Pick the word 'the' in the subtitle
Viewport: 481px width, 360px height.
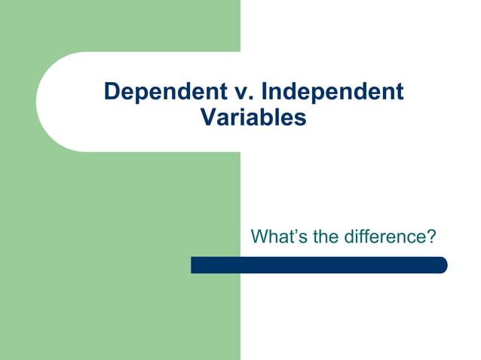click(x=326, y=237)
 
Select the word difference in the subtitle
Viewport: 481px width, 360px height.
click(x=385, y=237)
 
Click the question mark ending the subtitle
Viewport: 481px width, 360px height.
click(x=431, y=237)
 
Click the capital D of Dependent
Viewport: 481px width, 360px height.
click(x=112, y=92)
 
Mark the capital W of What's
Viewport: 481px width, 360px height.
click(x=259, y=237)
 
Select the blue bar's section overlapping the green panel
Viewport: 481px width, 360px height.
click(x=215, y=265)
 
